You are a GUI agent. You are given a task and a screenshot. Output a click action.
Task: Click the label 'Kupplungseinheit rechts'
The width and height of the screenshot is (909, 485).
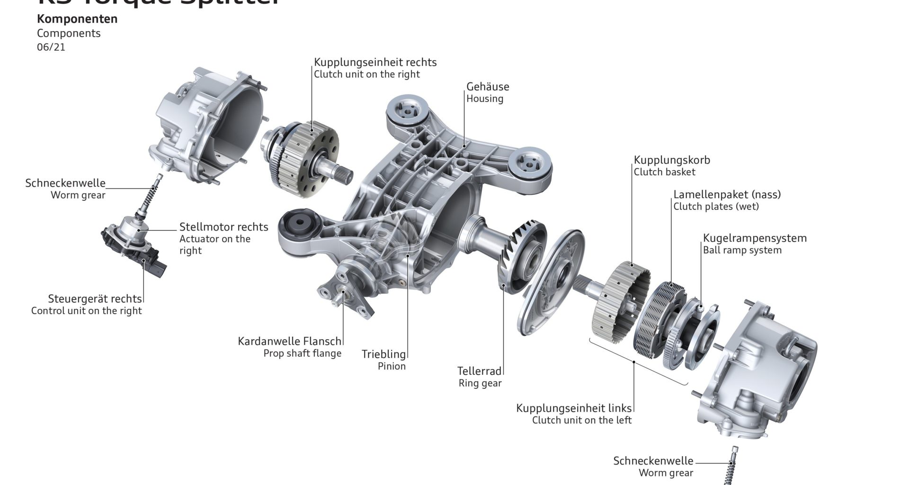(x=375, y=62)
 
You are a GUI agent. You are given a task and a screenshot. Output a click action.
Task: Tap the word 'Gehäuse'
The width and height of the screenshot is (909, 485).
(x=488, y=87)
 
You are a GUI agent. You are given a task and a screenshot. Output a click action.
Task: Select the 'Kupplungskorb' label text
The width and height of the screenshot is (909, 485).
(x=672, y=160)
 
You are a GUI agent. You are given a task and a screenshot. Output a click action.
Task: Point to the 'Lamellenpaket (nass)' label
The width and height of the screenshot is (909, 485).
(x=727, y=194)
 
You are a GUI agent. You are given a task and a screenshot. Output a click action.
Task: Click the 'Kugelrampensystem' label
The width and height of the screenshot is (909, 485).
(x=755, y=238)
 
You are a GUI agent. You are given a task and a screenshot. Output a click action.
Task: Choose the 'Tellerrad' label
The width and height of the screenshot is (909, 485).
(x=479, y=371)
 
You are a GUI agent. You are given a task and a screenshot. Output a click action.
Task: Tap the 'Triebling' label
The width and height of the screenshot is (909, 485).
(x=384, y=354)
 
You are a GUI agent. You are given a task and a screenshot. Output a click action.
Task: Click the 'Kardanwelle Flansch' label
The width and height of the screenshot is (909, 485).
(x=289, y=341)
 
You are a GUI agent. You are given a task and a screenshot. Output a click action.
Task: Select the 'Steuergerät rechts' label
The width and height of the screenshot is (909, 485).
(x=95, y=299)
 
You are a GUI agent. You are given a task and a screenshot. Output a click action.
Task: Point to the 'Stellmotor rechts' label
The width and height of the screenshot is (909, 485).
(x=223, y=227)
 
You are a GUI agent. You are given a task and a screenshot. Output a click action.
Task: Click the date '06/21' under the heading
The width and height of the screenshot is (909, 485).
(x=51, y=47)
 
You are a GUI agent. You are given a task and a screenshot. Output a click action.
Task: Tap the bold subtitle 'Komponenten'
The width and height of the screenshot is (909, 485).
(x=77, y=19)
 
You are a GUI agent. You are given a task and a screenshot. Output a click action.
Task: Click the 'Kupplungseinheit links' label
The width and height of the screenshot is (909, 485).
(x=574, y=408)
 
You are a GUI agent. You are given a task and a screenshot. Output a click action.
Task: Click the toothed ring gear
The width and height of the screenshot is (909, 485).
(x=523, y=256)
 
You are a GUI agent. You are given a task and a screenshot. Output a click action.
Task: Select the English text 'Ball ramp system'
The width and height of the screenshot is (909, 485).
(x=742, y=250)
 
